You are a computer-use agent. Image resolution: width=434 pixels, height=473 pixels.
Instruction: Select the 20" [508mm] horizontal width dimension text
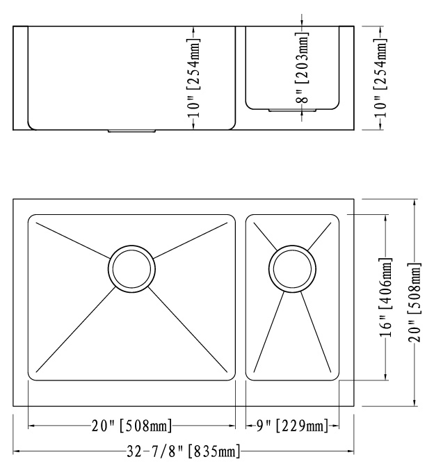[x=131, y=425]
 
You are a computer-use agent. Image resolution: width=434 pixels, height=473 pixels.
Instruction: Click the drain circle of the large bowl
[x=131, y=268]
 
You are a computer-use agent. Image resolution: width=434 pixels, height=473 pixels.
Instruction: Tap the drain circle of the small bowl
[x=292, y=268]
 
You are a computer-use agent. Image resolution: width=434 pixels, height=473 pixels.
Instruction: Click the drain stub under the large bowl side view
[x=131, y=130]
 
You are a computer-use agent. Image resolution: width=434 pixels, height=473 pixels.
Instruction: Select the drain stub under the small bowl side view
[x=292, y=110]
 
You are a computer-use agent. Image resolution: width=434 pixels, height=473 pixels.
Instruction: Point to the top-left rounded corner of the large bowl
[x=32, y=219]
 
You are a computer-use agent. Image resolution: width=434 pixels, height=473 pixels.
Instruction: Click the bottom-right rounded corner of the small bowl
[x=335, y=376]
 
